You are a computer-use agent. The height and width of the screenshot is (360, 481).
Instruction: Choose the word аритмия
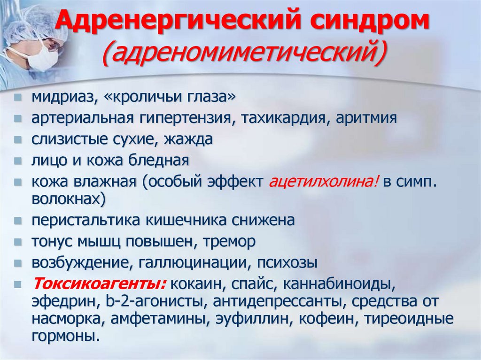pyautogui.click(x=366, y=119)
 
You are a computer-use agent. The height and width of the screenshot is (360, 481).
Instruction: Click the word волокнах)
pyautogui.click(x=69, y=199)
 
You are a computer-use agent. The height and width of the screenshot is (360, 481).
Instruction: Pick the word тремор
pyautogui.click(x=230, y=242)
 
